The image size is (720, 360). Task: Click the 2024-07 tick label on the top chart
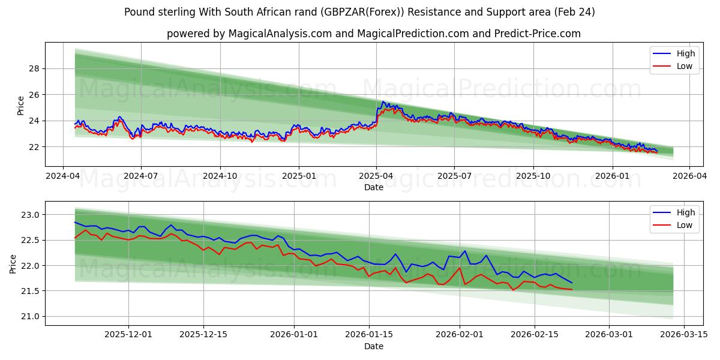141,176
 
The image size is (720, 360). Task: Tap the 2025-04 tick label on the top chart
376,176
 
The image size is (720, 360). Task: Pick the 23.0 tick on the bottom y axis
29,215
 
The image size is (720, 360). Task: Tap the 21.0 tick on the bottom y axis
29,316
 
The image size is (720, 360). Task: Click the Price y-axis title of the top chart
21,105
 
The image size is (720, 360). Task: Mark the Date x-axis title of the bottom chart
373,346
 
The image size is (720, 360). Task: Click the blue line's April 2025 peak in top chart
383,101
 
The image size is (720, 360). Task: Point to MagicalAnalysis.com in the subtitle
280,34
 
